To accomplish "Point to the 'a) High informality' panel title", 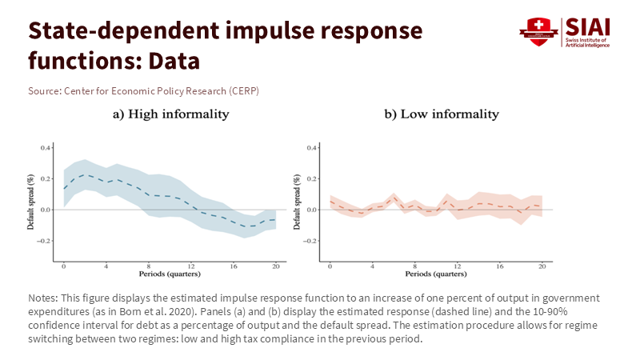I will pyautogui.click(x=170, y=114).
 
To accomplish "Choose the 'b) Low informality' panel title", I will pyautogui.click(x=442, y=114).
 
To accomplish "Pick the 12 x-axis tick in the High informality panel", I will pyautogui.click(x=191, y=266).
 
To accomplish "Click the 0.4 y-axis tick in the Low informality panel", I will pyautogui.click(x=313, y=148).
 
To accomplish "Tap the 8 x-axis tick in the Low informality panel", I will pyautogui.click(x=414, y=266).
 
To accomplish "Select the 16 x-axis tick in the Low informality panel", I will pyautogui.click(x=500, y=266).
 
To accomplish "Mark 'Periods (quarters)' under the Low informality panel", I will pyautogui.click(x=437, y=274).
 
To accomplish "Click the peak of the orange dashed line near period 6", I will pyautogui.click(x=394, y=196).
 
